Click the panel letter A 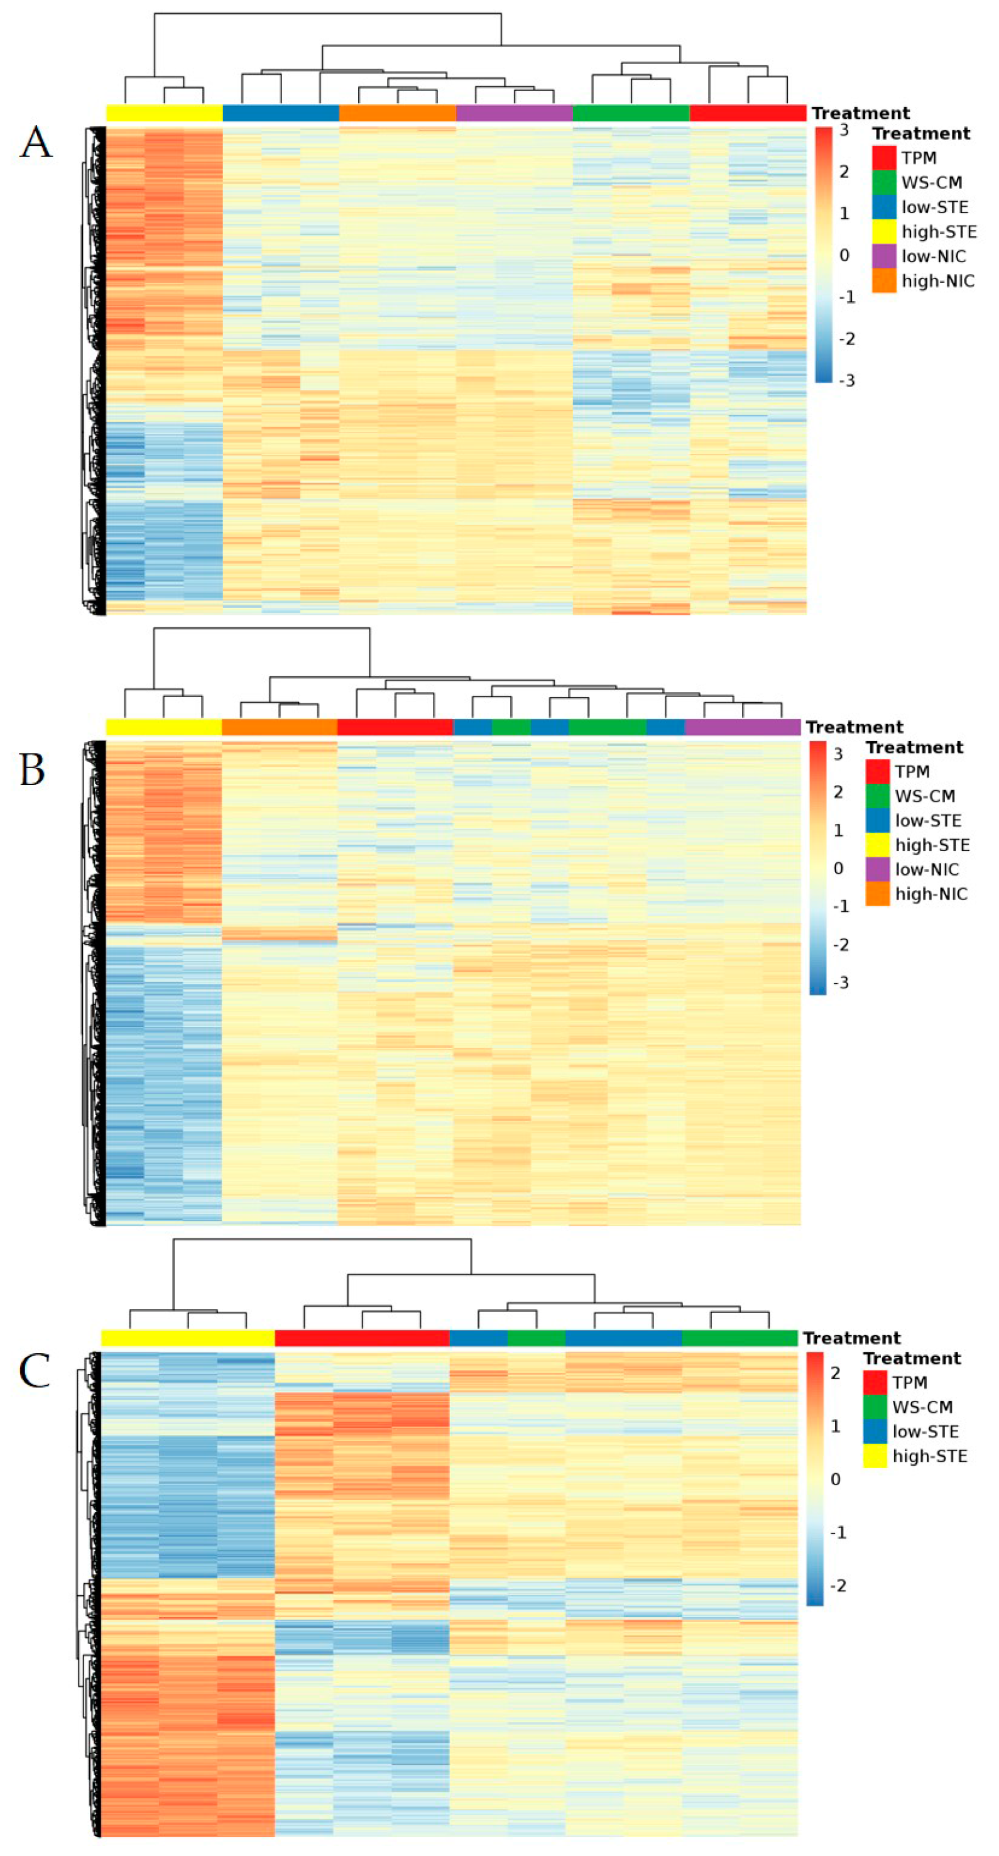coord(36,142)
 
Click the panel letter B coord(33,769)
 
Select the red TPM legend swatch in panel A coord(884,158)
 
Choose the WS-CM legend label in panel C coord(922,1407)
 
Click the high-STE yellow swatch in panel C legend coord(875,1456)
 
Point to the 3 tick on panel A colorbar coord(844,130)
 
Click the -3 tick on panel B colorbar coord(841,983)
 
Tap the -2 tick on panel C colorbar coord(838,1585)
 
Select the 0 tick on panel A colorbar coord(844,255)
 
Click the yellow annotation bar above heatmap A coord(164,113)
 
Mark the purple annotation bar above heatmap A coord(515,113)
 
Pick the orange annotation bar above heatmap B coord(280,727)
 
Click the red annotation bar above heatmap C coord(361,1338)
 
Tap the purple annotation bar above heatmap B coord(743,727)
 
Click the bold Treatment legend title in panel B coord(914,747)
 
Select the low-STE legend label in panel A coord(934,207)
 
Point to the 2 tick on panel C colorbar coord(836,1373)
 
